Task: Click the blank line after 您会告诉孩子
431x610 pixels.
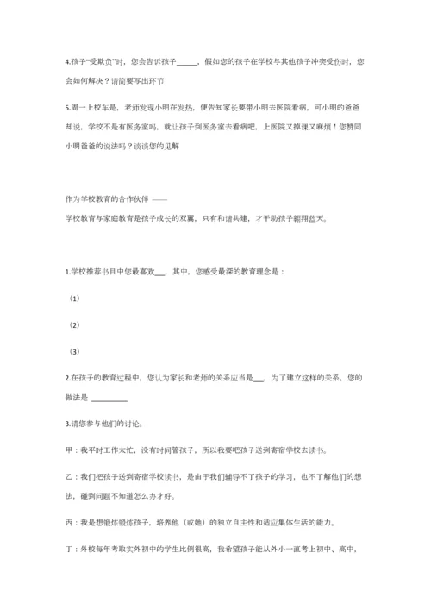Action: click(187, 63)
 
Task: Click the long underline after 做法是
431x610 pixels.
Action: click(109, 399)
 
